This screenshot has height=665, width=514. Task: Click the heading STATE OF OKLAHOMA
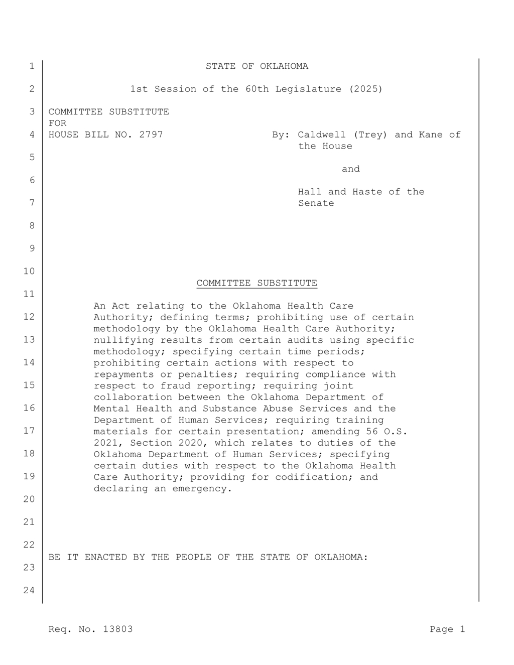pyautogui.click(x=256, y=66)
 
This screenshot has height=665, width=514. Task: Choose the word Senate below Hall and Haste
pyautogui.click(x=316, y=203)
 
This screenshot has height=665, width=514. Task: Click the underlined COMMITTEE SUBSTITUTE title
pyautogui.click(x=256, y=283)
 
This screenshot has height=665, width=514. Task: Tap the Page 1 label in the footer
pyautogui.click(x=447, y=629)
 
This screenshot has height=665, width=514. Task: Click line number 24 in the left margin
pyautogui.click(x=30, y=590)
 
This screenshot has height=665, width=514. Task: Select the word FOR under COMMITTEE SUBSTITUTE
pyautogui.click(x=57, y=123)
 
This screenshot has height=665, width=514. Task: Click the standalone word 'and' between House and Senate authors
pyautogui.click(x=350, y=169)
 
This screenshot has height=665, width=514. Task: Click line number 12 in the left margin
pyautogui.click(x=30, y=317)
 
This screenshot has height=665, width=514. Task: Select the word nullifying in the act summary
pyautogui.click(x=123, y=340)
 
